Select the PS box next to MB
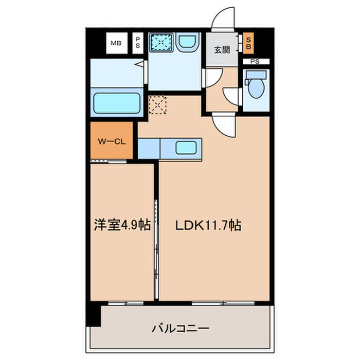click(x=137, y=43)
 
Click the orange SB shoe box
click(x=248, y=43)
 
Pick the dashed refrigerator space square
click(x=157, y=105)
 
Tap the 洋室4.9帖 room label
click(x=122, y=225)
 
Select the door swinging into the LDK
click(x=224, y=125)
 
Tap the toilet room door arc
click(x=231, y=98)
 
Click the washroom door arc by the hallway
click(x=211, y=77)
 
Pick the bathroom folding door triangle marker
click(x=138, y=65)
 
